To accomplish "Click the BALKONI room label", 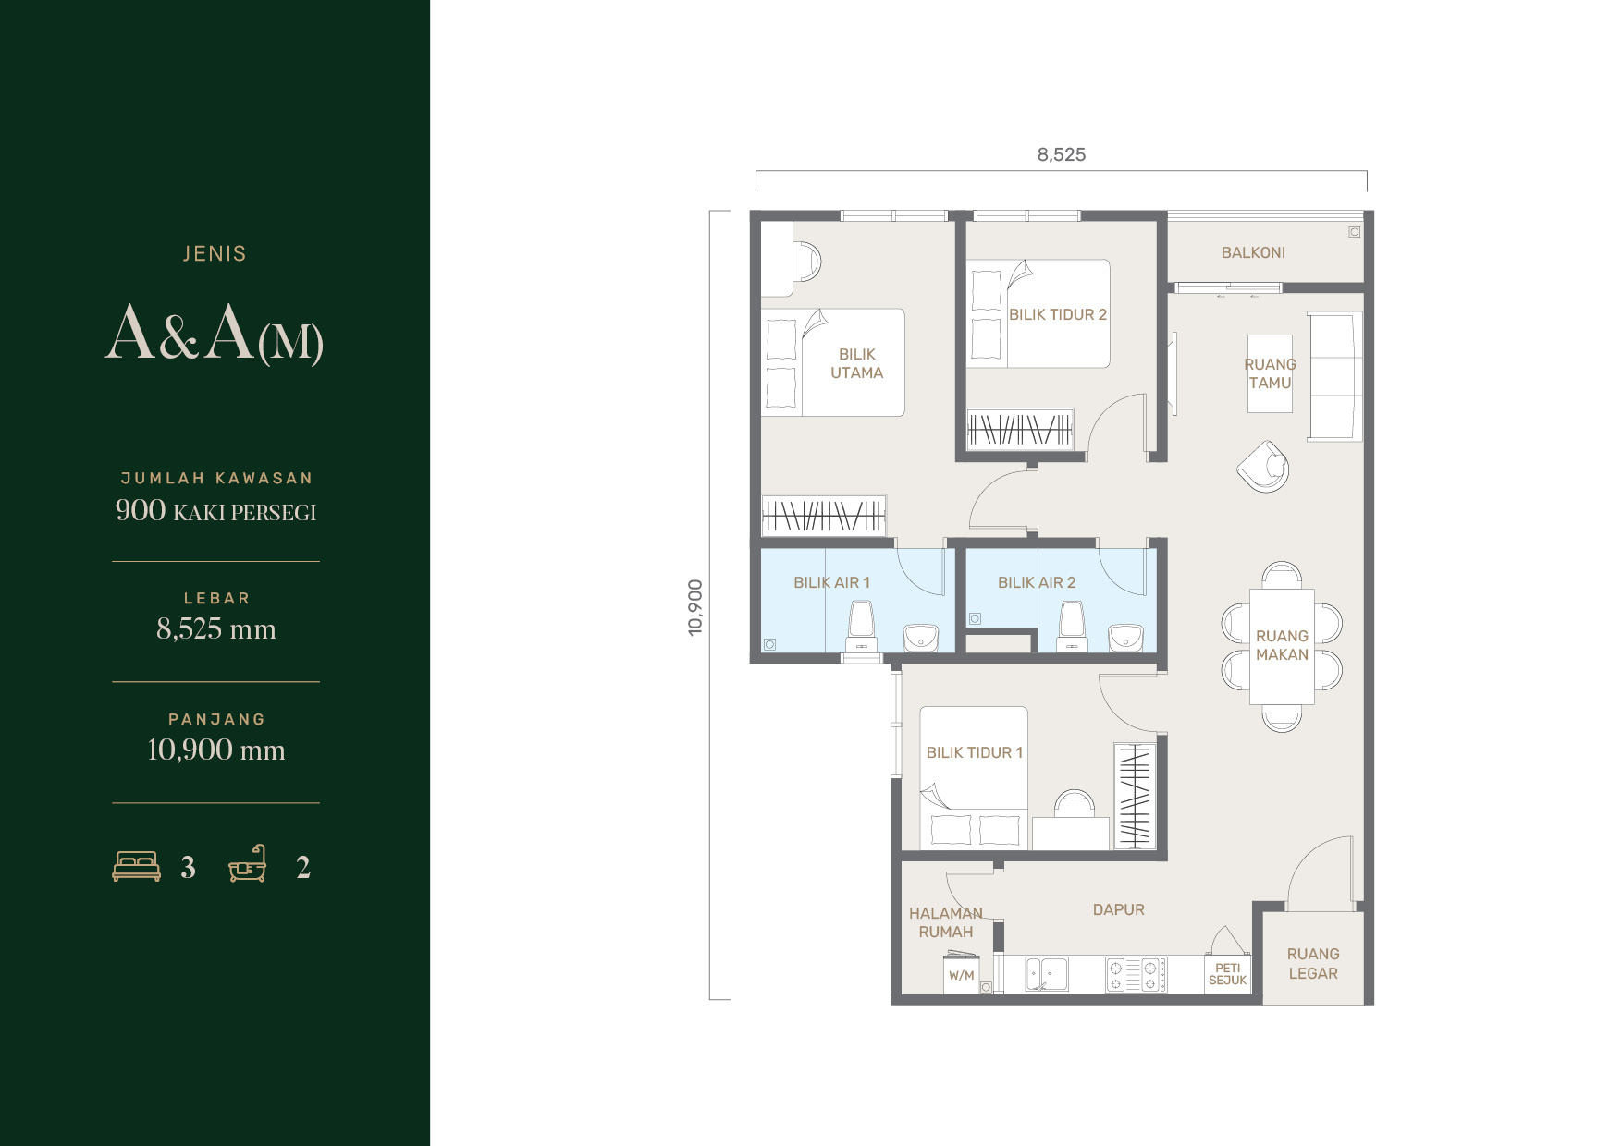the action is [1253, 252].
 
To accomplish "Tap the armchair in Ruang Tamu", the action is [1263, 466].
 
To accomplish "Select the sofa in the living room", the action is [1334, 376].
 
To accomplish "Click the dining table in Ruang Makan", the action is [1282, 647].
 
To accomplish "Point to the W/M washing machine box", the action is [962, 975].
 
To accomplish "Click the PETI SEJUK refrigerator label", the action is [1228, 974].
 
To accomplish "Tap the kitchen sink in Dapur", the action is [1046, 974].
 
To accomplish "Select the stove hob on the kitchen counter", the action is [1137, 975].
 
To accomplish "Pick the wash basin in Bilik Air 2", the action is [1125, 637].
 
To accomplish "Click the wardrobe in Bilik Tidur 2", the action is [1020, 429].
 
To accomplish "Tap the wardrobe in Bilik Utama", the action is [823, 515].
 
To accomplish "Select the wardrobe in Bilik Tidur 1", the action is [1135, 796].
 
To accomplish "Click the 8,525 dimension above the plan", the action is [1062, 154].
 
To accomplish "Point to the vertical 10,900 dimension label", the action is [695, 607].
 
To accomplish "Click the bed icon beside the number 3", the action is [136, 866].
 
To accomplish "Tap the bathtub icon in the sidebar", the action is [248, 863].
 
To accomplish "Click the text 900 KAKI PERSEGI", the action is [215, 510].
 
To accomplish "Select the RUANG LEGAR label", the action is [1313, 963].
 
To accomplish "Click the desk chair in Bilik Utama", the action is [806, 261].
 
